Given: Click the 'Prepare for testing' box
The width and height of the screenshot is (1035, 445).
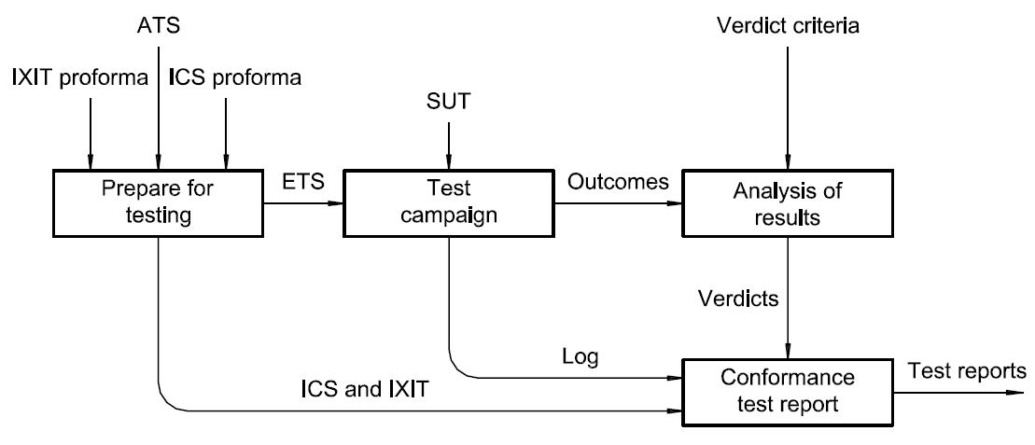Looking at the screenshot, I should click(157, 202).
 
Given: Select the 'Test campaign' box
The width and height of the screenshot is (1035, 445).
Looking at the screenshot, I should click(449, 202).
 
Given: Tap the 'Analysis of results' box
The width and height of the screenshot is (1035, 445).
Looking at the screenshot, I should click(789, 202).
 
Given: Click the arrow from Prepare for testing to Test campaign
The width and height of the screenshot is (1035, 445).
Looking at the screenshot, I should click(300, 202).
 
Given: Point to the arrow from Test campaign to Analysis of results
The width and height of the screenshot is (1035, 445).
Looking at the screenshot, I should click(616, 202).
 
